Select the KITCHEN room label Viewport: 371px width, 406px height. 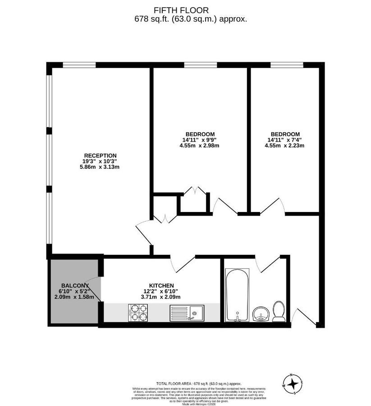[x=161, y=286]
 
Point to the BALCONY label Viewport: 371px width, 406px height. [x=74, y=286]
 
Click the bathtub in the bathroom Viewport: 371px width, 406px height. [x=237, y=295]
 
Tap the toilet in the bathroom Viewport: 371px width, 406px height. [x=279, y=312]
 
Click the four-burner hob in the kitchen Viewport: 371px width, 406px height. [x=139, y=313]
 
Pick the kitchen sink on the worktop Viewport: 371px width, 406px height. [x=187, y=313]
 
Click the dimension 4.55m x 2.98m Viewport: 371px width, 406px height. [x=199, y=145]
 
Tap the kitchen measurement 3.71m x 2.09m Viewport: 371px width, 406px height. [x=161, y=297]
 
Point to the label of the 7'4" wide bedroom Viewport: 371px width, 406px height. [x=285, y=134]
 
